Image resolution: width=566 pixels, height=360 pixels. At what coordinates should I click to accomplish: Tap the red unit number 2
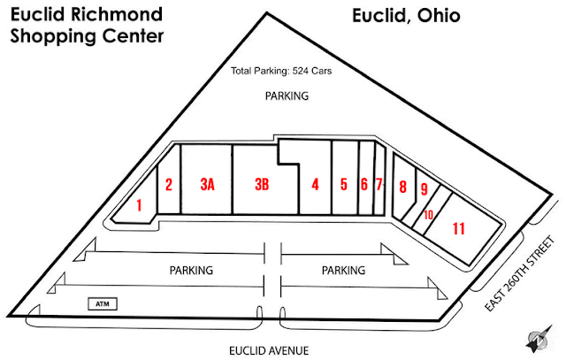point(168,185)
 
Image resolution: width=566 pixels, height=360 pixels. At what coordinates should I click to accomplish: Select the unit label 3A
point(208,185)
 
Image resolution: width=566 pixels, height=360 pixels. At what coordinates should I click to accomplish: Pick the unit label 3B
point(261,185)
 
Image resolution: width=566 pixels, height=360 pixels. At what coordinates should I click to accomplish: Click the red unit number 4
point(315,185)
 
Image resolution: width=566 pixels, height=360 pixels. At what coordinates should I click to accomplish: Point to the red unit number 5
point(344,185)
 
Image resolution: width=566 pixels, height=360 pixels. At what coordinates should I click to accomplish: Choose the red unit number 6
point(363,185)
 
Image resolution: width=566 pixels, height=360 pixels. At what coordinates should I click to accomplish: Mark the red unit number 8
point(402,187)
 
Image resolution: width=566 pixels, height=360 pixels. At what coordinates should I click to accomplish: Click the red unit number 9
point(424,189)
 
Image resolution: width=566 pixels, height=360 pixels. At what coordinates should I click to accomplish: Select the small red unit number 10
point(428,214)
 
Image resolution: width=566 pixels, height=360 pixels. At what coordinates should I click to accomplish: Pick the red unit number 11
point(458,228)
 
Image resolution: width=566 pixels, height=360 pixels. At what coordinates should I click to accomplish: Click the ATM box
point(103,304)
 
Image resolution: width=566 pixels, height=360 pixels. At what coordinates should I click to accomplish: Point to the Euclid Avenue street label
point(269,350)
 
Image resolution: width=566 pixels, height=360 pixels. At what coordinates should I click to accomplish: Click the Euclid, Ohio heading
point(406,16)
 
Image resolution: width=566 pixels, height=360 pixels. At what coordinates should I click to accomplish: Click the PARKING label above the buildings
point(287,96)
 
